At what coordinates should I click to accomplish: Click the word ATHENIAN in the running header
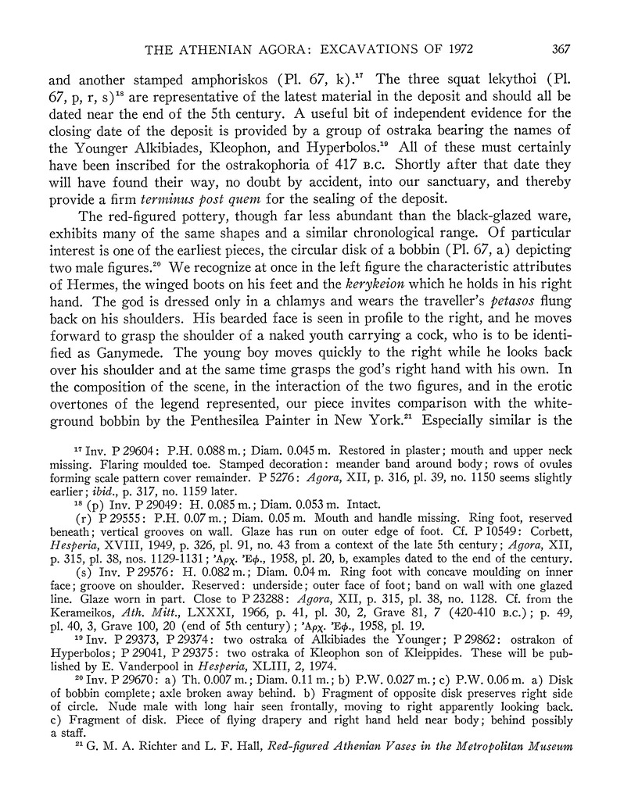point(224,48)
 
